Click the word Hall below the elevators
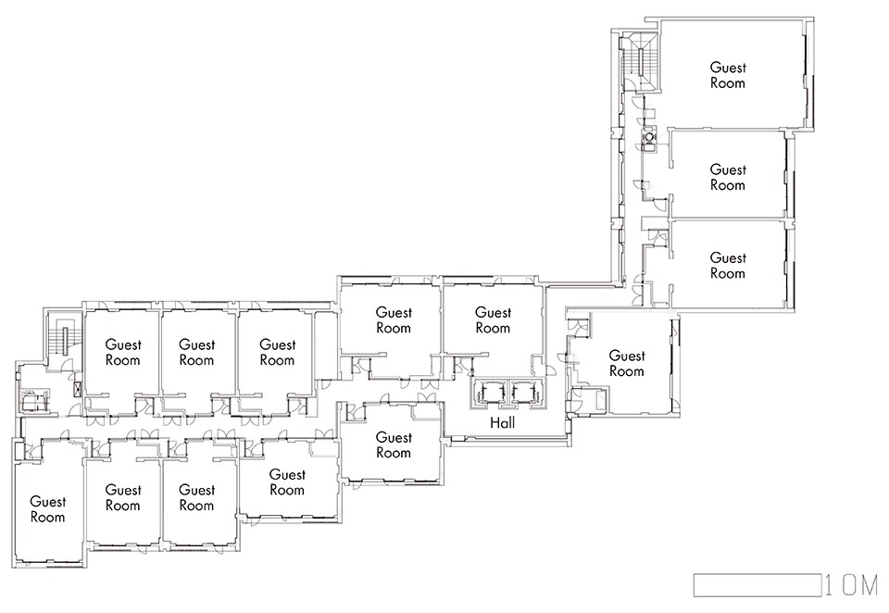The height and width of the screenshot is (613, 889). point(502,422)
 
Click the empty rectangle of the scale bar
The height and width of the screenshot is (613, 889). point(758,585)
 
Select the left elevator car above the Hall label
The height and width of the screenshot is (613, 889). point(487,392)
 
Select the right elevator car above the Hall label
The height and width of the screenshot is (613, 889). point(523,392)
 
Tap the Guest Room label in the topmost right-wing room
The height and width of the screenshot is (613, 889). point(728,75)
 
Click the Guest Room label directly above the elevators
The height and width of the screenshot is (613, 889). point(493,319)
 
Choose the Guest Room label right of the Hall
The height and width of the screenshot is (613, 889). point(627,364)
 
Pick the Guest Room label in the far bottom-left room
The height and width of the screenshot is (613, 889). point(47,509)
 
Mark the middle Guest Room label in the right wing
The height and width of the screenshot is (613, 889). point(728,178)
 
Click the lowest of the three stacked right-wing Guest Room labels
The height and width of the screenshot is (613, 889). point(728,266)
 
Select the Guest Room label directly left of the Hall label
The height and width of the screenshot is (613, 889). point(394,445)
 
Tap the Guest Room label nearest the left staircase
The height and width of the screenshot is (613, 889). point(122,352)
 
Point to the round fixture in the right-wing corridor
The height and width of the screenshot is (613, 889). point(647,138)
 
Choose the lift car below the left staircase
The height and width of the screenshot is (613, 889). point(31,401)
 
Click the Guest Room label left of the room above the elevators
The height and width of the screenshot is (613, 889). point(394,319)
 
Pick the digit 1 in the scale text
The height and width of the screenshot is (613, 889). point(830,585)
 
